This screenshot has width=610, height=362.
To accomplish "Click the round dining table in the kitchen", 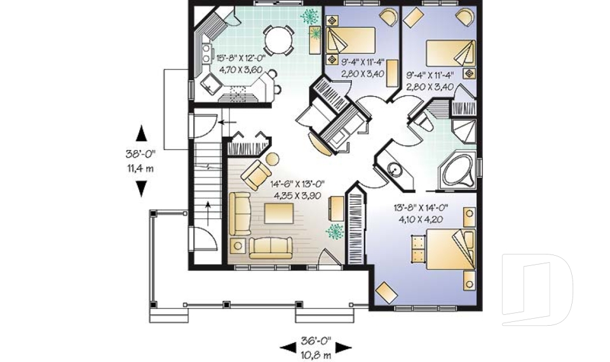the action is point(278,39).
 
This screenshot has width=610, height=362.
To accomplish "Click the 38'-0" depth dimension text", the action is point(140,154).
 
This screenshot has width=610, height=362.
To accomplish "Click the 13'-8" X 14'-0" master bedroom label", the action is point(421,207).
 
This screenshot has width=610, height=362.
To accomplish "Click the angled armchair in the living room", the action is point(256,175).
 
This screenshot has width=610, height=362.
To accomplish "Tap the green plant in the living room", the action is point(335,231).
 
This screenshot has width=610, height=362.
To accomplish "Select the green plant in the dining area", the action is point(309,16).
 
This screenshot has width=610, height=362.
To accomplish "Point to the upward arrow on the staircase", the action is point(208,214).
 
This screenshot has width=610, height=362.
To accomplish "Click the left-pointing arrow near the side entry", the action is point(227,122).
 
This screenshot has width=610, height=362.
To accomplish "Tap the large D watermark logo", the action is point(537,289).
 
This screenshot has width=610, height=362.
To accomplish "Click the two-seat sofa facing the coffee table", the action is point(271,248).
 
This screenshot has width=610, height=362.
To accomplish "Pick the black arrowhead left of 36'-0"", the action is point(287,347).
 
